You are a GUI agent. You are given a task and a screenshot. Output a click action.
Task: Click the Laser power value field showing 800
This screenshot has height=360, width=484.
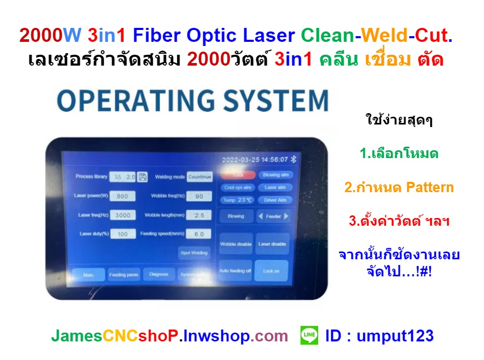pyautogui.click(x=122, y=196)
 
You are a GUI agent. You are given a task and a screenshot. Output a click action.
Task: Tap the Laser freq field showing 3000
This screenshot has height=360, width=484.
pyautogui.click(x=122, y=215)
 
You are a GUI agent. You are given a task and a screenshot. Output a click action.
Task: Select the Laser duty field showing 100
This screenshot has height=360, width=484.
pyautogui.click(x=122, y=234)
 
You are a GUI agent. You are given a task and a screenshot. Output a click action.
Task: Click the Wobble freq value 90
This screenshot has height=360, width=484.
pyautogui.click(x=199, y=196)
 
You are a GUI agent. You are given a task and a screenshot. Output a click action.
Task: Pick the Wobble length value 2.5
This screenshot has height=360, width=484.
pyautogui.click(x=199, y=215)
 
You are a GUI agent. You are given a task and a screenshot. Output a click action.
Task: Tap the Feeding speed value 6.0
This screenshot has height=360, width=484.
pyautogui.click(x=199, y=234)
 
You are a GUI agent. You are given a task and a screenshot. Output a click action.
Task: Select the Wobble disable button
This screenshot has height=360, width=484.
pyautogui.click(x=236, y=244)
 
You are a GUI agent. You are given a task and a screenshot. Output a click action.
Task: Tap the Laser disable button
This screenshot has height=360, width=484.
pyautogui.click(x=272, y=244)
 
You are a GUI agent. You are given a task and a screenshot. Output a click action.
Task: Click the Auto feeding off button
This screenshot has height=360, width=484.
pyautogui.click(x=236, y=271)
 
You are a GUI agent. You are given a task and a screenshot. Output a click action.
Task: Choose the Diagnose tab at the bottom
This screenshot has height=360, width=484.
pyautogui.click(x=159, y=275)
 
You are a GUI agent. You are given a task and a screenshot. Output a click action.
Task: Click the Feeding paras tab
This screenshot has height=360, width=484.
pyautogui.click(x=123, y=275)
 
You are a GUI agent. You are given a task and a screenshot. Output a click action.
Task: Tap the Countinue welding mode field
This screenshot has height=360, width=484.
pyautogui.click(x=199, y=177)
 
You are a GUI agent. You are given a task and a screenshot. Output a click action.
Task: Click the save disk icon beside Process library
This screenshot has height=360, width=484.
pyautogui.click(x=143, y=177)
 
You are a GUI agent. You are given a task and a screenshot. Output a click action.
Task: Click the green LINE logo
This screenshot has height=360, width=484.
pyautogui.click(x=308, y=336)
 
